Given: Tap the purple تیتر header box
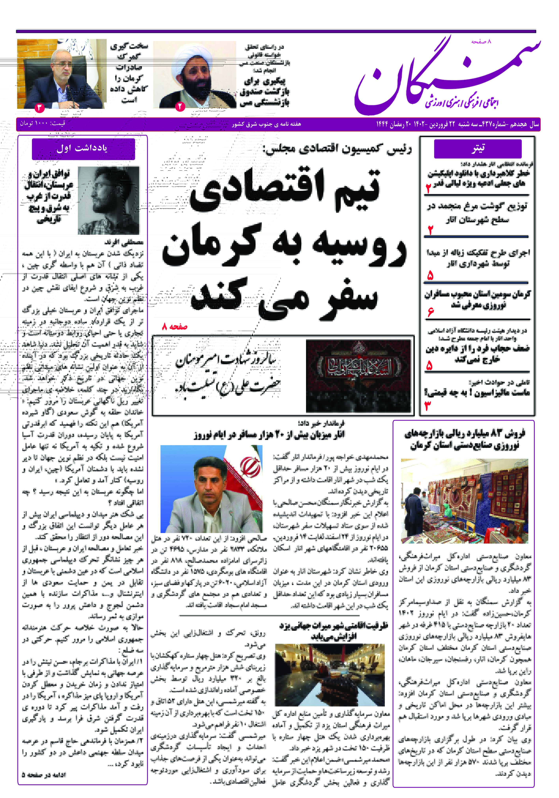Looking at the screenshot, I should (478, 149).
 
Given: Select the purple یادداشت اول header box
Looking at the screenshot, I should (83, 149).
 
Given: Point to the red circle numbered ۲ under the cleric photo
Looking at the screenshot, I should (180, 106).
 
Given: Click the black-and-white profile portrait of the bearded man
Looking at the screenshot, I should (108, 200).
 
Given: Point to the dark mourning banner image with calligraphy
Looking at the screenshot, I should (358, 375).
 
